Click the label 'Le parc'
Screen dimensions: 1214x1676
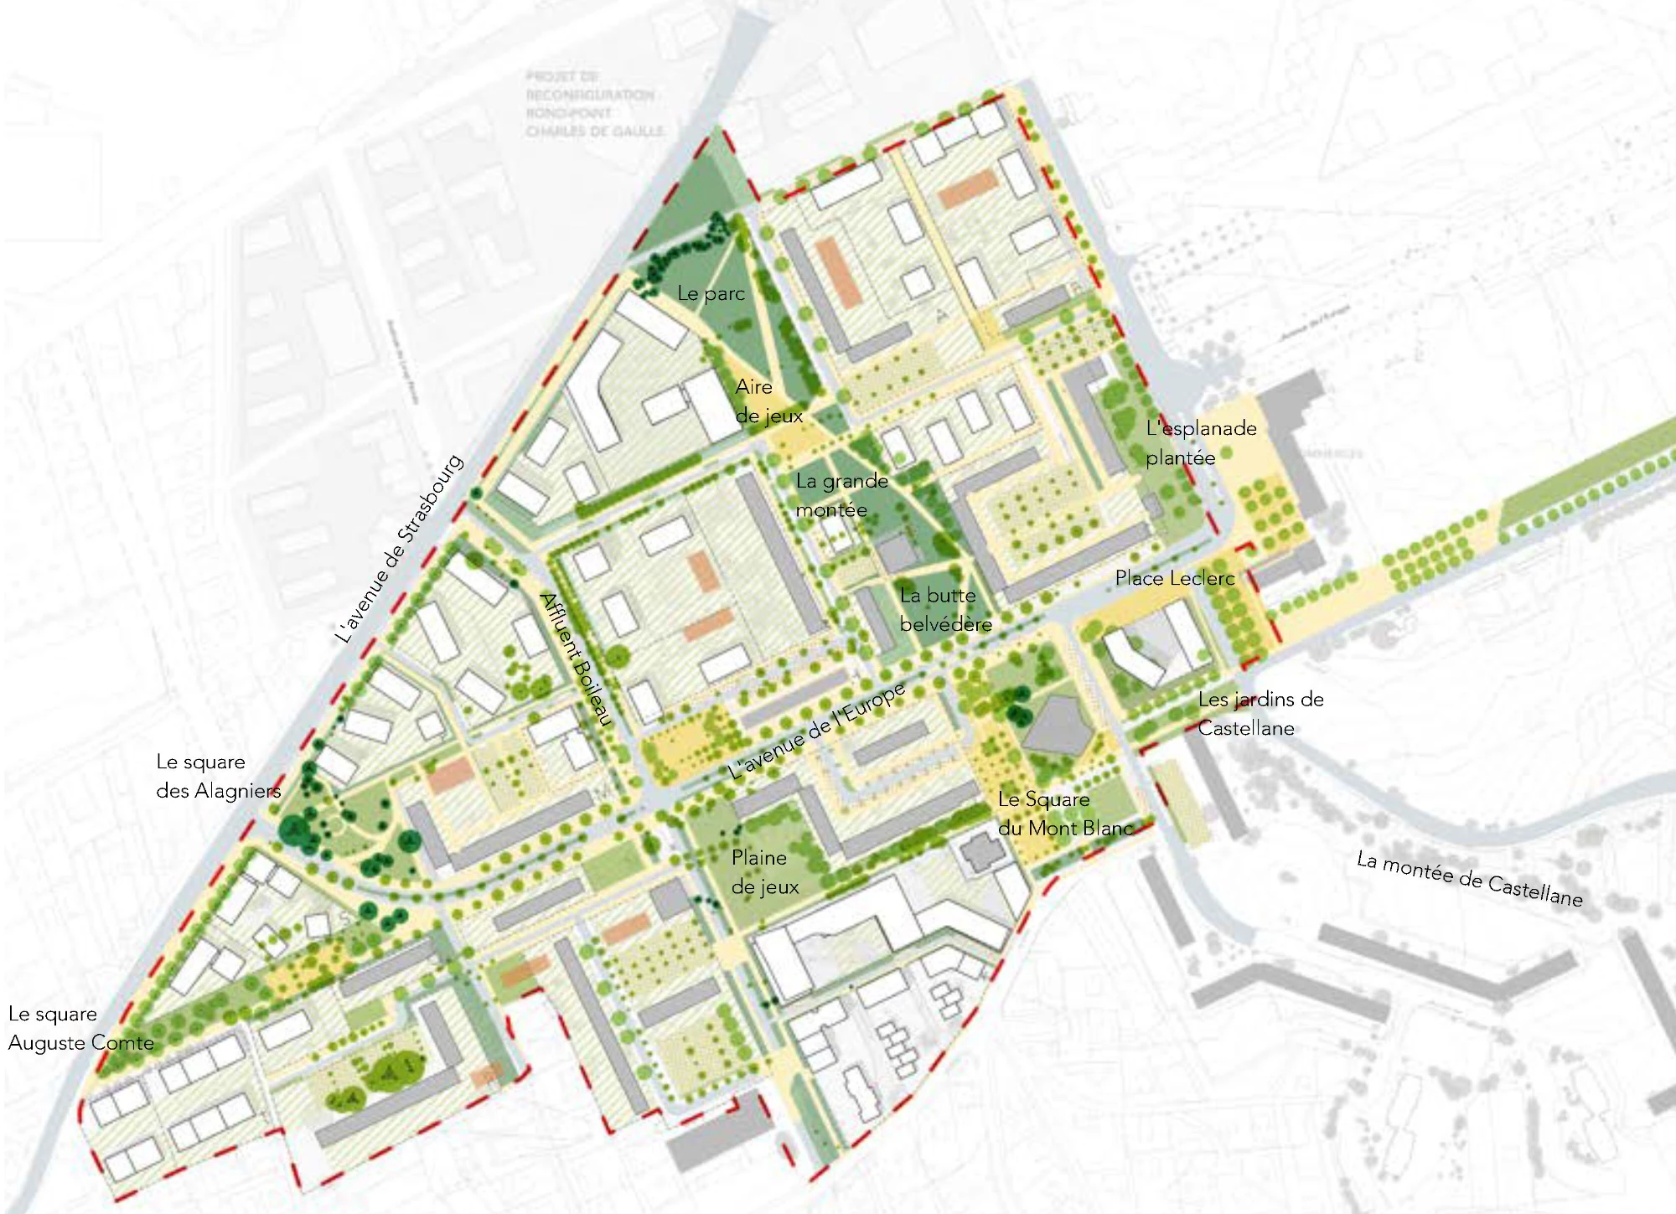click(x=711, y=293)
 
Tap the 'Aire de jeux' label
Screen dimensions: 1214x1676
click(x=768, y=401)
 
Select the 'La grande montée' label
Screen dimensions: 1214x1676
click(x=841, y=495)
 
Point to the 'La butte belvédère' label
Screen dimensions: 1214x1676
click(x=945, y=610)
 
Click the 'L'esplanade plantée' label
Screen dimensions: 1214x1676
click(x=1200, y=443)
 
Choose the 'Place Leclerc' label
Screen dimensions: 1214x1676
click(x=1174, y=578)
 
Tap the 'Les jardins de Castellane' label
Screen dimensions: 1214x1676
click(x=1260, y=714)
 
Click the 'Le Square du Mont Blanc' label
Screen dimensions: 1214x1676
click(x=1064, y=814)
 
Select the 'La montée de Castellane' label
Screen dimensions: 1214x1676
click(x=1469, y=880)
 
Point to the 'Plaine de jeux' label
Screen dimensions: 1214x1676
click(x=764, y=872)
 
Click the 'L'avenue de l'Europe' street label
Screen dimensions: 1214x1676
click(x=816, y=732)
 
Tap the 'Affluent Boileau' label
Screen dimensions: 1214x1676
click(x=577, y=659)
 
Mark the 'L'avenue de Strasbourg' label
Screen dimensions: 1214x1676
click(x=399, y=549)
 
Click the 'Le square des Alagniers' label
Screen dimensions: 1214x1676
click(x=218, y=777)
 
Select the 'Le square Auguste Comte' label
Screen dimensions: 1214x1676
click(x=80, y=1029)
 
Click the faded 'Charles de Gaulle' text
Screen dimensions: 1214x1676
click(x=594, y=132)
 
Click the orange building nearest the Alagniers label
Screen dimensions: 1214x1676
click(x=451, y=775)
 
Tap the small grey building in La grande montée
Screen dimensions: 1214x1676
click(x=897, y=554)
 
